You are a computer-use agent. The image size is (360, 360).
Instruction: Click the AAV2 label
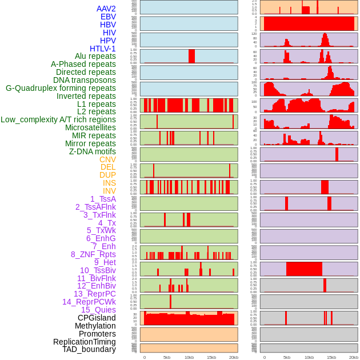(106, 9)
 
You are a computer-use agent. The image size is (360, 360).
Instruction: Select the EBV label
(108, 17)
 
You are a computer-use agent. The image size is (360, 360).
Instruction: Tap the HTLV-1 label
(103, 49)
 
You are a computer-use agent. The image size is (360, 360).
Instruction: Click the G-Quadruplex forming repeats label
(61, 88)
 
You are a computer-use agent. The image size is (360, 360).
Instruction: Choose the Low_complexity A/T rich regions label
(58, 119)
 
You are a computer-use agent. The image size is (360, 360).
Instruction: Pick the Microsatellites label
(90, 127)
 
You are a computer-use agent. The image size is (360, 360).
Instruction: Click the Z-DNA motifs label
(93, 151)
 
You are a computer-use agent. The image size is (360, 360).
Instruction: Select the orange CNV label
(107, 159)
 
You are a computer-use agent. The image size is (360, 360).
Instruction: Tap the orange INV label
(109, 191)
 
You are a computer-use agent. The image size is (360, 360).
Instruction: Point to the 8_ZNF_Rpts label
(93, 254)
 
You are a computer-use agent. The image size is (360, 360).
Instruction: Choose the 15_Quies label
(98, 310)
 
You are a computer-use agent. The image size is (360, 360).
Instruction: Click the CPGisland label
(97, 318)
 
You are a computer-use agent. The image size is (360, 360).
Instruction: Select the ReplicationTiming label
(85, 342)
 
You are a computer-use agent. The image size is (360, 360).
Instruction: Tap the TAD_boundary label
(89, 349)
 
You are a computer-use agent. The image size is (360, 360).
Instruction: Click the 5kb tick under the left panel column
(167, 357)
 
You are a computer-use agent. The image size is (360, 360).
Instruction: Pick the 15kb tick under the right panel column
(331, 357)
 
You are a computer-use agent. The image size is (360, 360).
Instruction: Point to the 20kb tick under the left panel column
(233, 357)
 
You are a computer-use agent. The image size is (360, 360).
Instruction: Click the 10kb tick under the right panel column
(309, 357)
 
